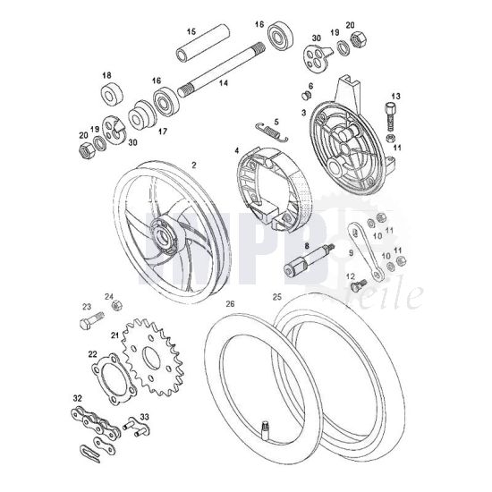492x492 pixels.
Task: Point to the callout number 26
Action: (x=230, y=304)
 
